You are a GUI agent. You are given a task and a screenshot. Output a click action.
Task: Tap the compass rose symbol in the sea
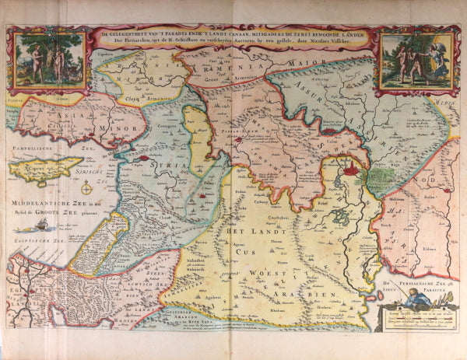[88, 187]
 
